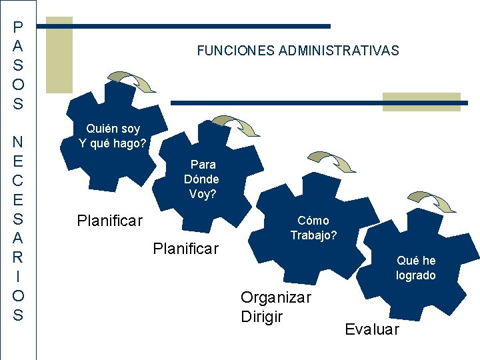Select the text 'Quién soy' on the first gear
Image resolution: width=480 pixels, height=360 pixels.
(x=113, y=128)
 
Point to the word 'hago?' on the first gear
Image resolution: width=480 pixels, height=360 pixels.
(x=130, y=142)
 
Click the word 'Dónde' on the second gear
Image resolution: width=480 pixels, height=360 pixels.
(x=201, y=179)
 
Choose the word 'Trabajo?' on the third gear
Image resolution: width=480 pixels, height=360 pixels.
(x=313, y=235)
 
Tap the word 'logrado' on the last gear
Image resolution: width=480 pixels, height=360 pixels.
(x=416, y=275)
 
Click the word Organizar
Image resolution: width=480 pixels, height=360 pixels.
(x=275, y=297)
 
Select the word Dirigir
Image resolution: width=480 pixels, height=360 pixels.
(x=261, y=317)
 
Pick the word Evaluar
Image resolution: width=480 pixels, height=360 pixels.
(x=372, y=329)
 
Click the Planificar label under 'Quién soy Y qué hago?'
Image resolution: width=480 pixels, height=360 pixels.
(x=109, y=220)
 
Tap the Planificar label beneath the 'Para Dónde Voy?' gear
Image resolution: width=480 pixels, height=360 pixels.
(x=185, y=249)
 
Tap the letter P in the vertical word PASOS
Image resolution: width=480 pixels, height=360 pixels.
(x=18, y=27)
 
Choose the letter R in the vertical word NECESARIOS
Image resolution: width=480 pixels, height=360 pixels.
(x=18, y=257)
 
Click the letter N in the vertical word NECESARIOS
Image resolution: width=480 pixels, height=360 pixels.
(x=18, y=142)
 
